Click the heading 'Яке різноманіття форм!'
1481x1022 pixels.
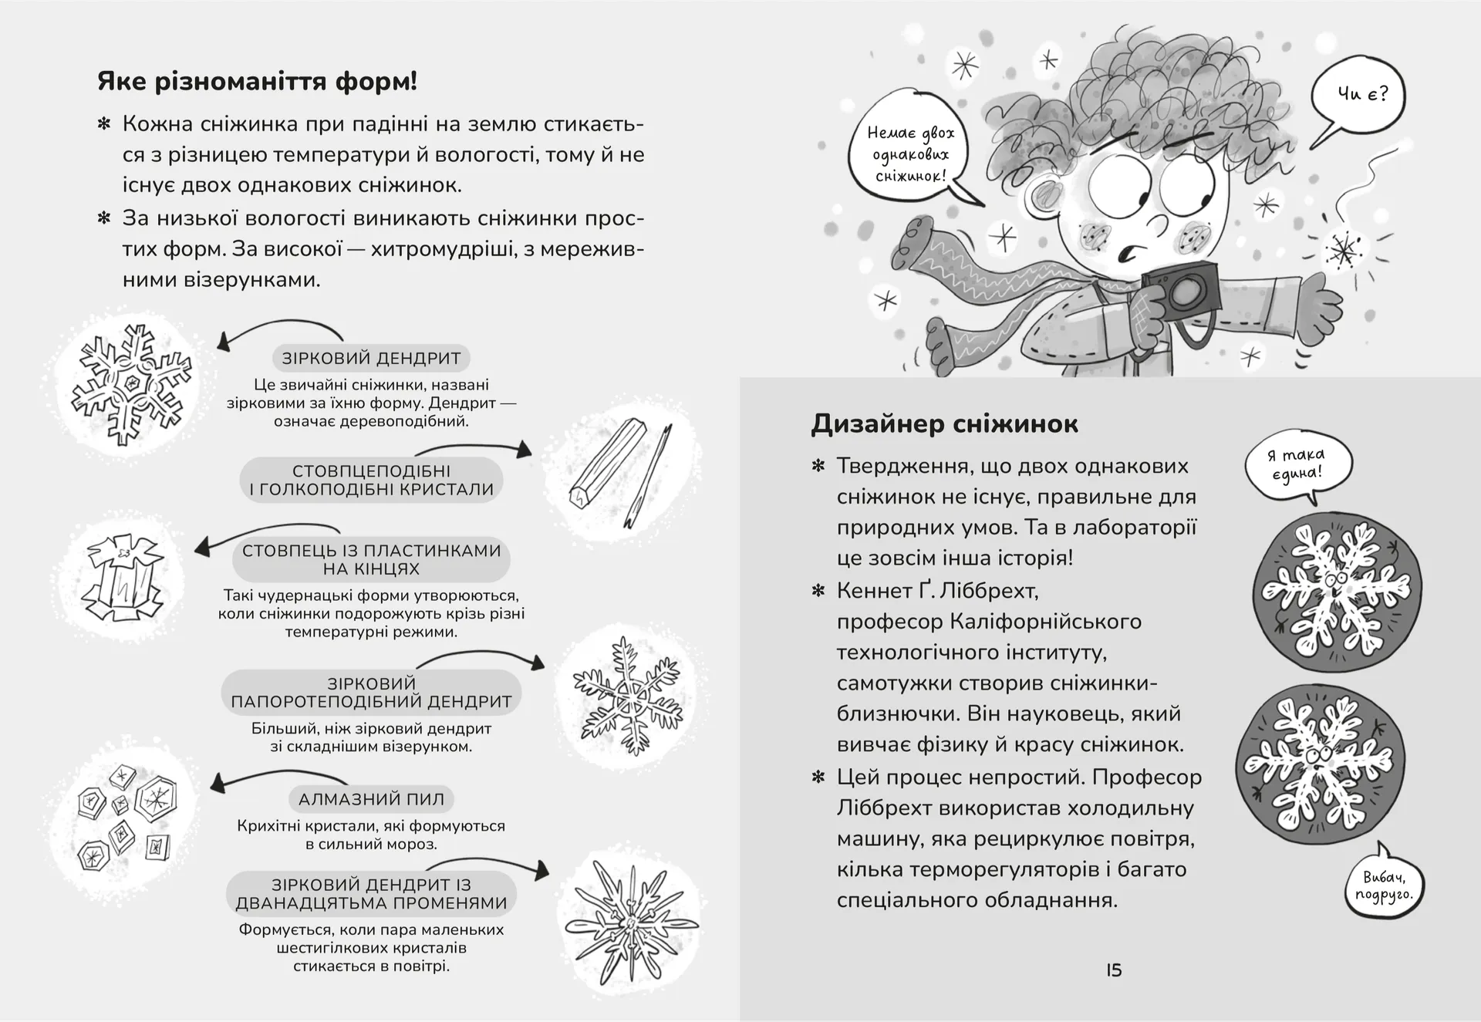pyautogui.click(x=257, y=81)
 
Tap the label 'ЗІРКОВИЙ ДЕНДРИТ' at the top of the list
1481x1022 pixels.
pyautogui.click(x=371, y=358)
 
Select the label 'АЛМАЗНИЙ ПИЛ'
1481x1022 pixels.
pyautogui.click(x=371, y=799)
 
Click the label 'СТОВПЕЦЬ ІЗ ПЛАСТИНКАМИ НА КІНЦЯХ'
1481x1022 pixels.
pyautogui.click(x=371, y=559)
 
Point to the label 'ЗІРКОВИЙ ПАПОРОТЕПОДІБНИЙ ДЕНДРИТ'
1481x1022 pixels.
pyautogui.click(x=371, y=692)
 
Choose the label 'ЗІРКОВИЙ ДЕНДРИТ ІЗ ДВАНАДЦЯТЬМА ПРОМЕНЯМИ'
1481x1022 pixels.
pyautogui.click(x=371, y=894)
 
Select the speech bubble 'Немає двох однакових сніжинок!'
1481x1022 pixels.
pyautogui.click(x=911, y=154)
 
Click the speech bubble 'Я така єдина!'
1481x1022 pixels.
pyautogui.click(x=1299, y=464)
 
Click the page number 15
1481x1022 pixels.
pyautogui.click(x=1114, y=970)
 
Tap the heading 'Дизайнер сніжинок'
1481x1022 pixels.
pyautogui.click(x=944, y=423)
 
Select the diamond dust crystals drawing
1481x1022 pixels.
pyautogui.click(x=123, y=818)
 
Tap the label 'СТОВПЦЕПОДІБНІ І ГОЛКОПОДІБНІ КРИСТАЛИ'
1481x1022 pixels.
pyautogui.click(x=371, y=480)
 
